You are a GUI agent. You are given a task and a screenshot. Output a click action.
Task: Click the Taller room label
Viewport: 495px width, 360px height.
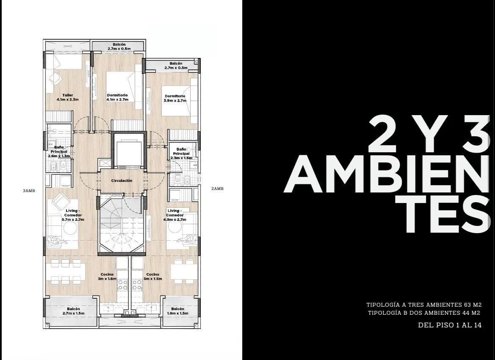coord(68,97)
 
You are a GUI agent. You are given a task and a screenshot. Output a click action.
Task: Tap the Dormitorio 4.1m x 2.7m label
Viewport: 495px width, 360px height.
coord(117,97)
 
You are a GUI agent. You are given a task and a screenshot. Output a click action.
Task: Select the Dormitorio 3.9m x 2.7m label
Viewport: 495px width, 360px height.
coord(175,98)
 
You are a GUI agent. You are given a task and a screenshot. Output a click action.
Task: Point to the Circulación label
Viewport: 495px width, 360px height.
coord(122,181)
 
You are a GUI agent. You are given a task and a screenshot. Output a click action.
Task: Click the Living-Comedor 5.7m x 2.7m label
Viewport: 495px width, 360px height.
coord(73,215)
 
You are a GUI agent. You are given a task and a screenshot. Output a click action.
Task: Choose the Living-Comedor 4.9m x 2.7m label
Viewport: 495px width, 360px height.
coord(175,215)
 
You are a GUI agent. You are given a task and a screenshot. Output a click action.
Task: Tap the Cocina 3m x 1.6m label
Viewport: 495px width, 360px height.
coord(107,277)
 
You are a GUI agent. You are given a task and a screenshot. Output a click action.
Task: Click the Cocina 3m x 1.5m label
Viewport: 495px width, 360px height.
coord(153,277)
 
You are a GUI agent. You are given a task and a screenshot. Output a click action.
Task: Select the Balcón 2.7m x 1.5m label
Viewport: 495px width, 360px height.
coord(74,311)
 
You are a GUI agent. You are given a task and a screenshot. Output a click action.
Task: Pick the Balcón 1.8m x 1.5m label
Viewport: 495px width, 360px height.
coord(178,311)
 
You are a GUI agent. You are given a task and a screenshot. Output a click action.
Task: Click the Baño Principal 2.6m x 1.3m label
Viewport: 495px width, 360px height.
coord(59,151)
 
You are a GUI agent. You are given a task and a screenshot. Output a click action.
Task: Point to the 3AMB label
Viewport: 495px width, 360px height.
coord(29,190)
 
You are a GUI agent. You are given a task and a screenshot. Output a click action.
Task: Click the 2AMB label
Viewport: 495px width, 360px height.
coord(217,189)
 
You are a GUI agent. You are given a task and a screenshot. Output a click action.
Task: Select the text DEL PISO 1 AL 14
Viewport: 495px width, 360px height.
coord(450,325)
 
